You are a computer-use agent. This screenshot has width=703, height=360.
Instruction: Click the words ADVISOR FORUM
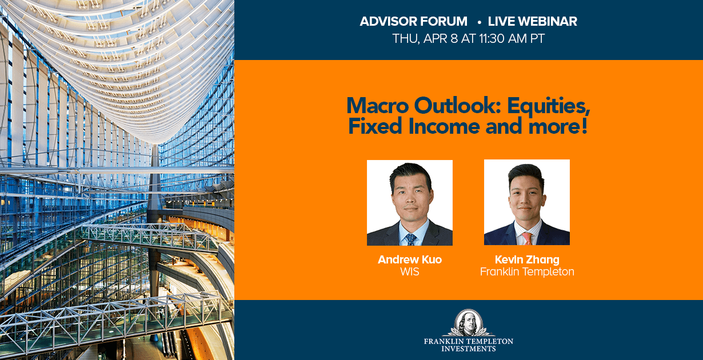(414, 21)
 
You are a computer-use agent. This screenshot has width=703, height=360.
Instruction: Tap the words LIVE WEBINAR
(533, 21)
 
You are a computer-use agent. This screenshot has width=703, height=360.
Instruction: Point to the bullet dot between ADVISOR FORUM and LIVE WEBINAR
(479, 22)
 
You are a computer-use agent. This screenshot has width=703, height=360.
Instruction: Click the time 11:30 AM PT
(512, 39)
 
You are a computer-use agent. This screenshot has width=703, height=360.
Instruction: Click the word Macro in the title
(378, 106)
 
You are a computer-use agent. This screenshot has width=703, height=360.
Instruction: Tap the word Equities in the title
(549, 106)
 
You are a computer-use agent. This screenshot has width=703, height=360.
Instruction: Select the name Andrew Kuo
(410, 259)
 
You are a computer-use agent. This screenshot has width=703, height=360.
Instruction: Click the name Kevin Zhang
(527, 259)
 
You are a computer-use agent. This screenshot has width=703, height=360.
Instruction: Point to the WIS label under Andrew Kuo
(410, 271)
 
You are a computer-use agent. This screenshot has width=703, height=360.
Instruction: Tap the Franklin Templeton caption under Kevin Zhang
(527, 272)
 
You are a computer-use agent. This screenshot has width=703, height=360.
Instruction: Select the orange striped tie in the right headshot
(527, 238)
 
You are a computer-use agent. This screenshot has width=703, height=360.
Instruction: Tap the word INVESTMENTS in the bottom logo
(469, 349)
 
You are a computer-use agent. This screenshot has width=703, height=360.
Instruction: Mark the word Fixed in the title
(376, 126)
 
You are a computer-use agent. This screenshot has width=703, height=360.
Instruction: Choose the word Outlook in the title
(458, 106)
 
